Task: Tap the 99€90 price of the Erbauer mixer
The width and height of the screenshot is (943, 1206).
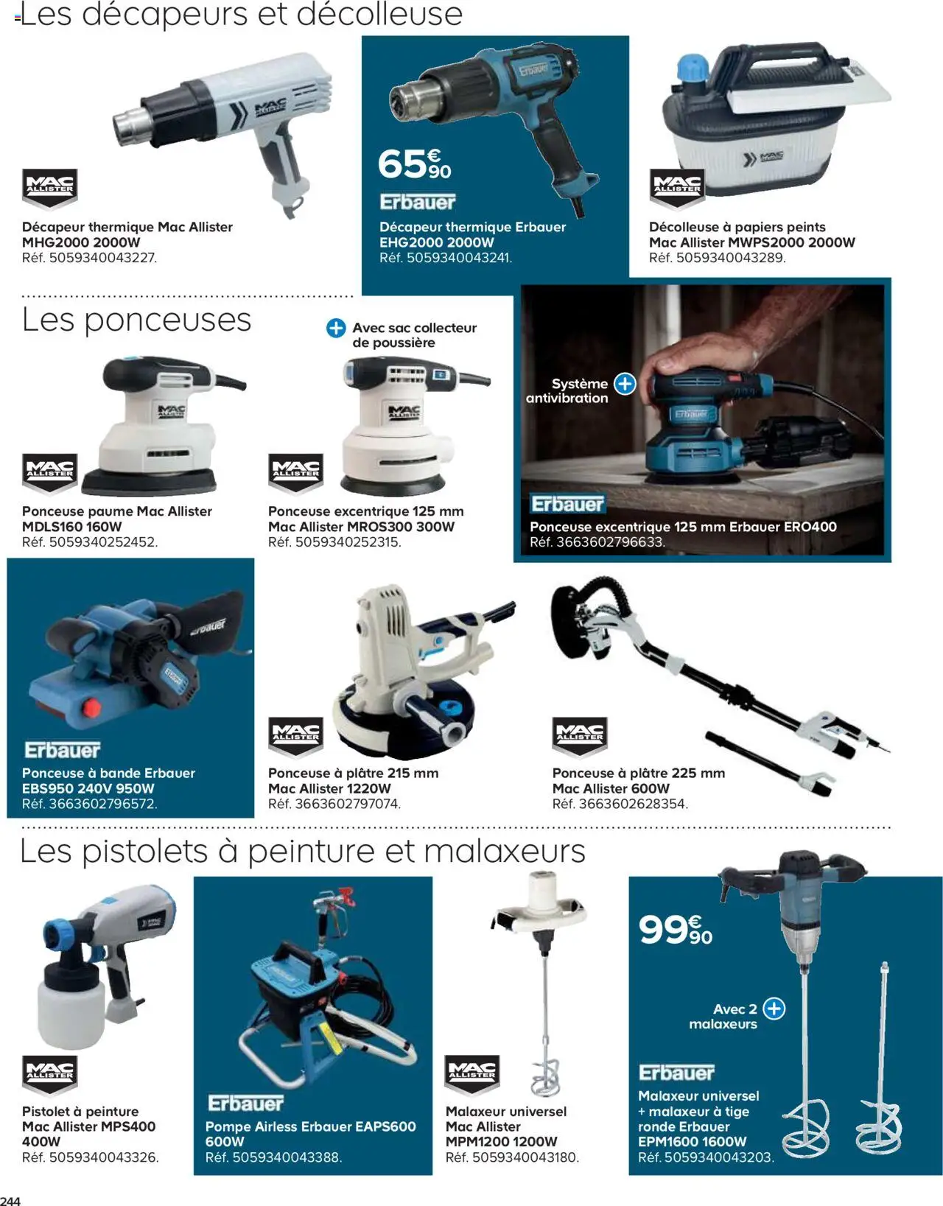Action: pos(675,930)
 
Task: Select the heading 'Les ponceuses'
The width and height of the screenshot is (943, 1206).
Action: pos(137,320)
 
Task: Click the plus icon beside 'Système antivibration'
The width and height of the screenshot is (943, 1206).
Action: pos(625,384)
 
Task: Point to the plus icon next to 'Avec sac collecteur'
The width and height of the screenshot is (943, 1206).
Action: pos(336,328)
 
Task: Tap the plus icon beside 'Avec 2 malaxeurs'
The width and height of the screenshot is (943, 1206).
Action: pos(774,1009)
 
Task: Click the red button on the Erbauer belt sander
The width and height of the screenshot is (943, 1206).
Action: pos(91,708)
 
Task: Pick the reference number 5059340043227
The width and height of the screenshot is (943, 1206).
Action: pos(102,258)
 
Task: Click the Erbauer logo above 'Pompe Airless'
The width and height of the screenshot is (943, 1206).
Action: pos(245,1103)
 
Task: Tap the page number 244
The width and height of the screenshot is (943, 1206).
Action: pos(10,1200)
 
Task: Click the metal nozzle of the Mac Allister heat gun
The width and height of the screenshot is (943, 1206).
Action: pos(131,126)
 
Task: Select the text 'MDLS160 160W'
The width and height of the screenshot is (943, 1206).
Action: pos(72,527)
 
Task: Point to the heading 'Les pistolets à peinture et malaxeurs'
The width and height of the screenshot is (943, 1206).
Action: pos(302,852)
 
